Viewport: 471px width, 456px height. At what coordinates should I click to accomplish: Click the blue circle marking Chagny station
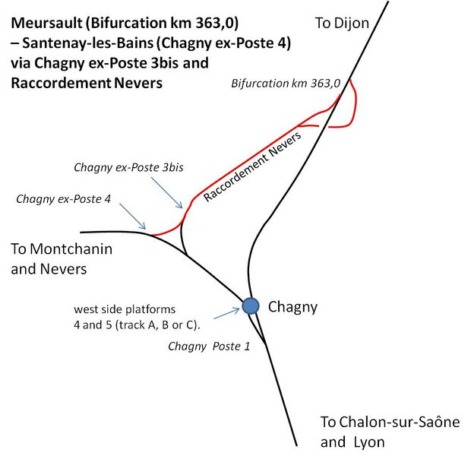click(x=250, y=306)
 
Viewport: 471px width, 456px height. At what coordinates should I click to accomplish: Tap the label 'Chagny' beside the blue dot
click(x=292, y=307)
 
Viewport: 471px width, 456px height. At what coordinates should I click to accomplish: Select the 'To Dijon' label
click(x=342, y=24)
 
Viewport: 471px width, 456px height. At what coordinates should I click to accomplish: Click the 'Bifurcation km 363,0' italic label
click(x=286, y=82)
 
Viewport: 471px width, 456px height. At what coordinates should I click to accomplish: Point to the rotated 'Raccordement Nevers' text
click(x=253, y=166)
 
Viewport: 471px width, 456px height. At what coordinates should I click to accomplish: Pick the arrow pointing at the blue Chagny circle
click(x=227, y=313)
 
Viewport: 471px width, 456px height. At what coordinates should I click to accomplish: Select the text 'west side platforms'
click(x=125, y=309)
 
